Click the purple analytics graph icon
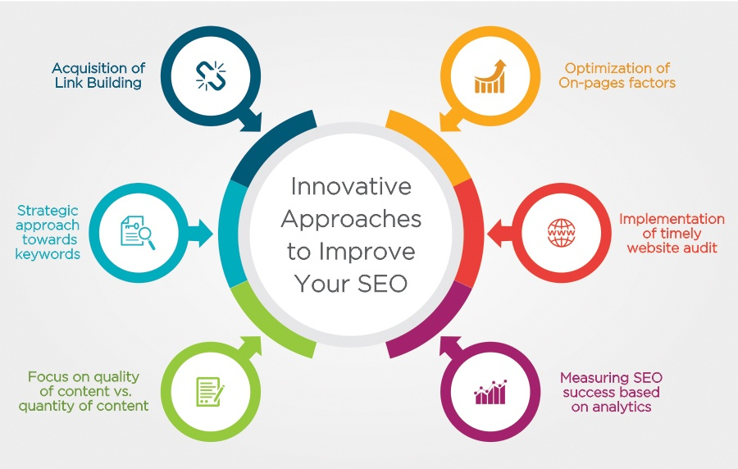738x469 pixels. (x=490, y=391)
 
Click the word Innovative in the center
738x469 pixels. (x=350, y=187)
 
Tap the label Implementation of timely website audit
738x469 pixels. (x=672, y=233)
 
